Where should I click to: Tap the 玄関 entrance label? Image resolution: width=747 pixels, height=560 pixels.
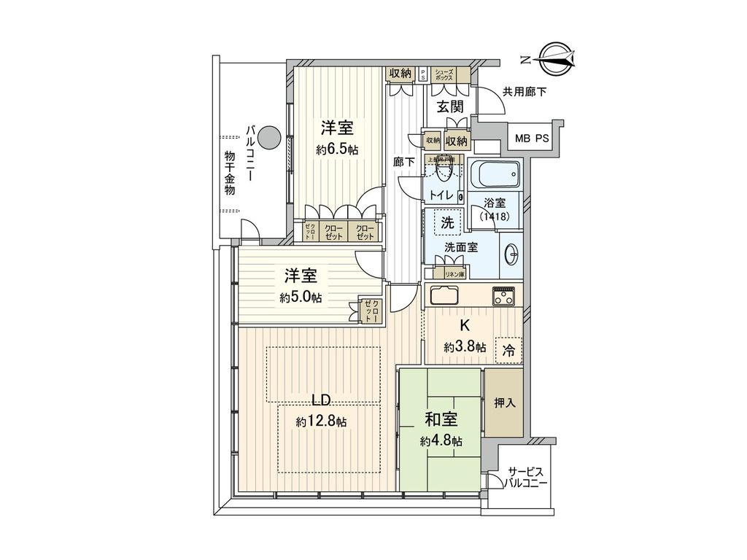pyautogui.click(x=450, y=106)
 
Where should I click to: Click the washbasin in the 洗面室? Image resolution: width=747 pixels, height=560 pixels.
pyautogui.click(x=511, y=254)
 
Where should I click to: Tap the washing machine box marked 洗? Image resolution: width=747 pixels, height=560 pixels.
pyautogui.click(x=444, y=222)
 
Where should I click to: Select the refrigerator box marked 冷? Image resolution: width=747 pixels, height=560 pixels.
pyautogui.click(x=508, y=351)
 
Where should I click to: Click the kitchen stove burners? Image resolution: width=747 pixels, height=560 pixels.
pyautogui.click(x=503, y=296)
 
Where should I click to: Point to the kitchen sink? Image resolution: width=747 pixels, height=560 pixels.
pyautogui.click(x=444, y=297)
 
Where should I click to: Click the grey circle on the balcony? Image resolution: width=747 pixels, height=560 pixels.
pyautogui.click(x=269, y=136)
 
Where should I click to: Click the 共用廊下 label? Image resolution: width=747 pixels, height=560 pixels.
pyautogui.click(x=524, y=91)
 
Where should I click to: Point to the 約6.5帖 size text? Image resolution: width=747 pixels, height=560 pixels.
pyautogui.click(x=337, y=149)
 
